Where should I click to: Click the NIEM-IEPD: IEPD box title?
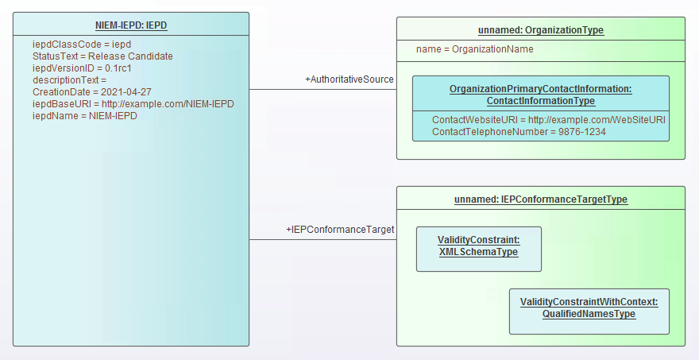click(131, 25)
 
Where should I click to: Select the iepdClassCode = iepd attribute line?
click(81, 45)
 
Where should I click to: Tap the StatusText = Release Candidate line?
click(102, 56)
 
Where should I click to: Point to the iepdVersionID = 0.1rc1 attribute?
click(81, 68)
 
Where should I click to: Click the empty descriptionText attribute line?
click(69, 80)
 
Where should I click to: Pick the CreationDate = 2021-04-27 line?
click(91, 92)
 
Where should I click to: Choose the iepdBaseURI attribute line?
click(133, 104)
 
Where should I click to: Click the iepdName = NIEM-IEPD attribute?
click(84, 116)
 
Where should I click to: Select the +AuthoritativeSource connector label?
click(349, 79)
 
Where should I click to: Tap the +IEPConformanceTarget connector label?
click(340, 230)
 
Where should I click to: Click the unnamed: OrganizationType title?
click(540, 30)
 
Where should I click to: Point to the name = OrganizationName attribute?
click(474, 49)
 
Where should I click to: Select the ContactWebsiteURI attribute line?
click(548, 119)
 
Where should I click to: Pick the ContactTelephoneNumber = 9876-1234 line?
click(519, 131)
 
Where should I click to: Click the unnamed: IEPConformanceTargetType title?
click(540, 199)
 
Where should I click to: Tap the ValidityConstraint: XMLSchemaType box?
click(478, 246)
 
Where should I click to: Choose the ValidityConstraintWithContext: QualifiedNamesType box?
click(589, 308)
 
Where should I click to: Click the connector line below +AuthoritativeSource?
click(322, 90)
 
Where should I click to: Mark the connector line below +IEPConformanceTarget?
click(322, 240)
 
